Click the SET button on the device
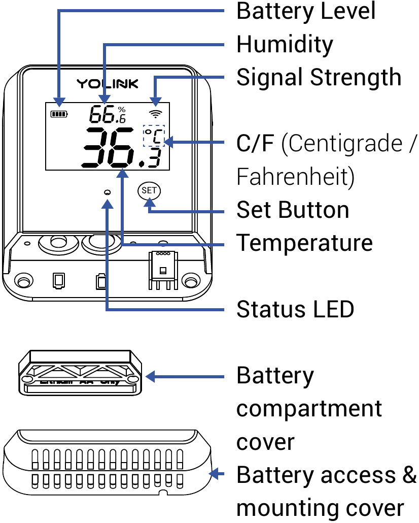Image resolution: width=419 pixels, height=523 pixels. point(149,191)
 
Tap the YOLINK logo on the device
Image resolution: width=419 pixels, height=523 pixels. point(107,83)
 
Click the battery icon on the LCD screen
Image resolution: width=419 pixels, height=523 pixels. point(59,114)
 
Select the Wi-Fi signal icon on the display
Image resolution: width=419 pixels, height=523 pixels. point(156,113)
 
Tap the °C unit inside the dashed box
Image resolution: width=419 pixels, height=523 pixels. point(155,136)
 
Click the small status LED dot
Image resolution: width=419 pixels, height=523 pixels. point(107,192)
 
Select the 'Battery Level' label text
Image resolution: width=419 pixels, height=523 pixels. point(306,11)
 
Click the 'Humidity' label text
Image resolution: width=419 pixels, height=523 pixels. point(285,45)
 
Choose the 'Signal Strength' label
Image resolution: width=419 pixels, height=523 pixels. point(319,78)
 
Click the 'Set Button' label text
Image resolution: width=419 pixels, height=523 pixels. point(293,210)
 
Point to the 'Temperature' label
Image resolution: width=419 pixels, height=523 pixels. point(304,243)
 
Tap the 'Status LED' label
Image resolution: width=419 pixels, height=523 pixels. point(295,309)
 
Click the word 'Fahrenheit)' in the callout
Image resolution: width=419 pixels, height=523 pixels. point(295,177)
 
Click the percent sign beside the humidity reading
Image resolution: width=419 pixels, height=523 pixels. point(122,109)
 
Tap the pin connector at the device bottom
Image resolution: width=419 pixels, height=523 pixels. point(162,269)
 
